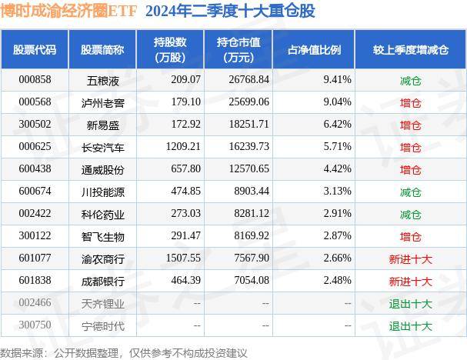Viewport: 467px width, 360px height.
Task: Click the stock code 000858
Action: point(35,80)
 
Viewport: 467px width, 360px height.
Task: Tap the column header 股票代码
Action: point(35,50)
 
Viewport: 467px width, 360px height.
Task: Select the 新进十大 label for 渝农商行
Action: point(410,258)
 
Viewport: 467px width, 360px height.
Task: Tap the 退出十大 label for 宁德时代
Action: point(410,325)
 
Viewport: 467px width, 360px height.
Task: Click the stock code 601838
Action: point(35,281)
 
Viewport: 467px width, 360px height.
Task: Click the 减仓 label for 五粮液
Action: point(410,80)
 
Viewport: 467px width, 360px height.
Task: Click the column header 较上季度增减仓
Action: point(410,50)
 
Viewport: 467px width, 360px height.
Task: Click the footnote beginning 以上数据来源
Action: point(123,352)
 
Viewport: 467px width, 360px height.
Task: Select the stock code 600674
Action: point(35,192)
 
